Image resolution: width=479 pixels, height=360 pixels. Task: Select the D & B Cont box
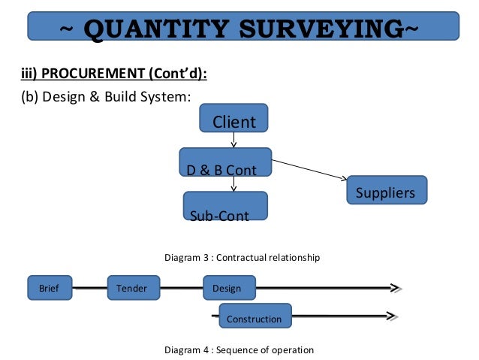pyautogui.click(x=225, y=162)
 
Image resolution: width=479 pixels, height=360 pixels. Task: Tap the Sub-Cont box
pyautogui.click(x=225, y=206)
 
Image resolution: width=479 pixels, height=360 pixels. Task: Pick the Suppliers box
pyautogui.click(x=387, y=190)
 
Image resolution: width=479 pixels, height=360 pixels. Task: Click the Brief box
pyautogui.click(x=49, y=287)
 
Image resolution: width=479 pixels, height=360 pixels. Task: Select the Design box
pyautogui.click(x=229, y=287)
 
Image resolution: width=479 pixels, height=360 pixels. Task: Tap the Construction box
pyautogui.click(x=255, y=318)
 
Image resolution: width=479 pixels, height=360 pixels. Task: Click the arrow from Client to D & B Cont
pyautogui.click(x=234, y=140)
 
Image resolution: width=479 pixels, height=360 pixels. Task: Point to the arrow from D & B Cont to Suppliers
pyautogui.click(x=309, y=169)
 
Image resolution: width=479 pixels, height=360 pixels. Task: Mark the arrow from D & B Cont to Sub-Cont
pyautogui.click(x=234, y=184)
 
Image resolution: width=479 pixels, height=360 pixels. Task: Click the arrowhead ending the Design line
pyautogui.click(x=396, y=287)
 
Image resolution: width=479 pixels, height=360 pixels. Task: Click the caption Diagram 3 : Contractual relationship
pyautogui.click(x=242, y=258)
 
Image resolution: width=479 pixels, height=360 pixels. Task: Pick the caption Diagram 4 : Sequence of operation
pyautogui.click(x=239, y=349)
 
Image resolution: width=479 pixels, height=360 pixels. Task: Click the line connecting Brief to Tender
pyautogui.click(x=89, y=287)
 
